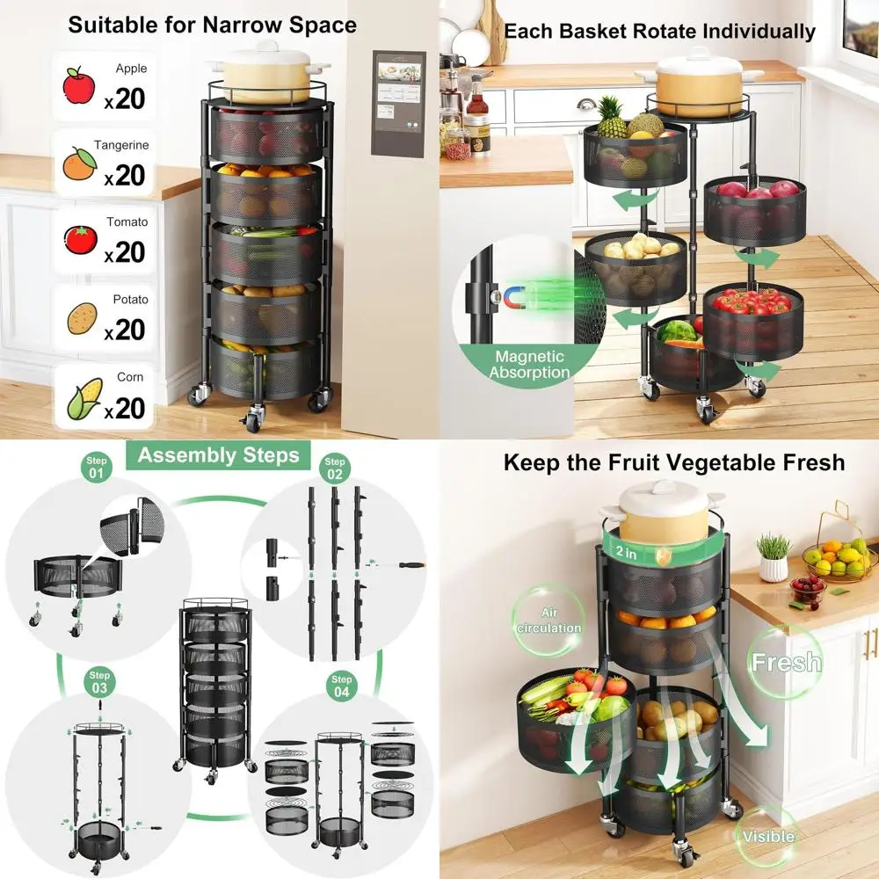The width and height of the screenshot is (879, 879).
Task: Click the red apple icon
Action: pyautogui.click(x=78, y=86)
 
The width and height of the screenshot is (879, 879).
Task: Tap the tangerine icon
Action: pyautogui.click(x=78, y=163)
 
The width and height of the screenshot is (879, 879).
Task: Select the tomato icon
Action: pyautogui.click(x=80, y=240)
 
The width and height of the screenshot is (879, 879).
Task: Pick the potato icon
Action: pyautogui.click(x=81, y=318)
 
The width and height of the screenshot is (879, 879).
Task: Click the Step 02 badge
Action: pyautogui.click(x=335, y=469)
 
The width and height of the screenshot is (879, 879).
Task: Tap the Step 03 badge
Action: pyautogui.click(x=98, y=682)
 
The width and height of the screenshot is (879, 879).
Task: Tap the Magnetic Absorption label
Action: pyautogui.click(x=529, y=364)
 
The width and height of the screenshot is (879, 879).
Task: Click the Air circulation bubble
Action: pyautogui.click(x=548, y=621)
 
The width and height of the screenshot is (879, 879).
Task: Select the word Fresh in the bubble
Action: pyautogui.click(x=786, y=662)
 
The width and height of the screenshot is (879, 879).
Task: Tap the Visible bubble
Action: pyautogui.click(x=768, y=836)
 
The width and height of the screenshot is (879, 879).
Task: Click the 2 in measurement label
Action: pyautogui.click(x=627, y=553)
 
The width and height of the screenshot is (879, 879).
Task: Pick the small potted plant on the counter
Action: pyautogui.click(x=774, y=558)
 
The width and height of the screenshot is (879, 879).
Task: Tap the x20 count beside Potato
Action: pyautogui.click(x=125, y=330)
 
